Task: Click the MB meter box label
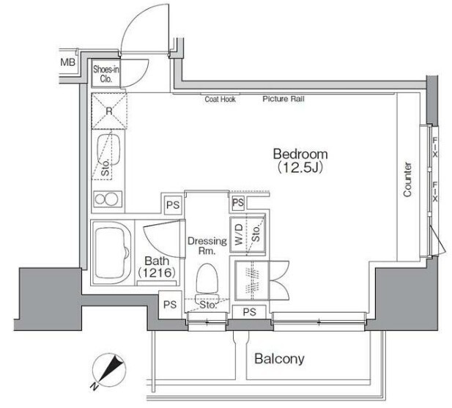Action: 67,62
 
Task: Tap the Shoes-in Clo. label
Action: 105,74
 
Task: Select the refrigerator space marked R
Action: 109,111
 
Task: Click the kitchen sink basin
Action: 108,150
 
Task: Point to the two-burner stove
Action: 107,199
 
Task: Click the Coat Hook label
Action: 221,100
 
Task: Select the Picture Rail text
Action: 284,99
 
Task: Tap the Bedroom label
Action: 300,154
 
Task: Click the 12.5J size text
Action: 300,168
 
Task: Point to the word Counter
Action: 407,179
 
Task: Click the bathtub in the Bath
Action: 111,253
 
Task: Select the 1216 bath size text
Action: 157,272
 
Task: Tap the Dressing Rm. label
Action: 207,246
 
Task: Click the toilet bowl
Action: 207,278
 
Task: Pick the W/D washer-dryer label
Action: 239,235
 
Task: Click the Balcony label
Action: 279,359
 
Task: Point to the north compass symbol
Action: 108,370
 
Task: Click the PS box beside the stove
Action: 173,205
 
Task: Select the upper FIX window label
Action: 434,147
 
